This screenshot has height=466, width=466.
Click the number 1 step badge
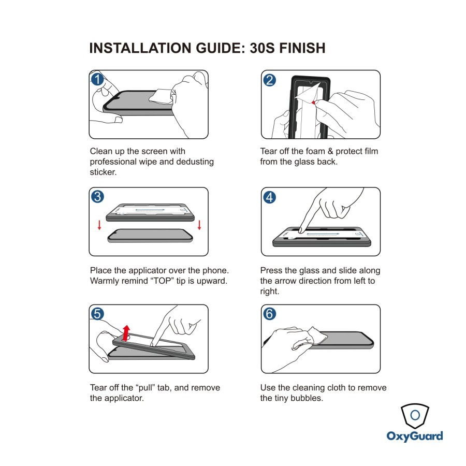point(97,79)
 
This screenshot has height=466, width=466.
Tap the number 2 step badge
point(270,80)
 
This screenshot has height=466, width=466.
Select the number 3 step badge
point(97,196)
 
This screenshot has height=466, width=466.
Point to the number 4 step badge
point(270,197)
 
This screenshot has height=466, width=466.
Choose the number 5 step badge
point(97,314)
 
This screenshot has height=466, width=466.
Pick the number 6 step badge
point(270,314)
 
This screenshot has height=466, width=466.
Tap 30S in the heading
point(262,48)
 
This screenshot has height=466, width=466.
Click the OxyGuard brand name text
point(415,436)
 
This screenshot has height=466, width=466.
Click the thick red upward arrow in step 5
point(126,333)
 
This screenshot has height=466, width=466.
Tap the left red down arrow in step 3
point(99,225)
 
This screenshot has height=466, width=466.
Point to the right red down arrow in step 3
point(199,225)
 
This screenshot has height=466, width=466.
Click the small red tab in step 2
point(314,103)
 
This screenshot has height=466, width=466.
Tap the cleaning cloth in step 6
point(316,336)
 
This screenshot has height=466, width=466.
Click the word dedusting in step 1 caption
point(195,162)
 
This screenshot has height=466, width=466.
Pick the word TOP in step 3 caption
point(162,281)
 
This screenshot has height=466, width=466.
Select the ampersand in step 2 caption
point(330,151)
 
